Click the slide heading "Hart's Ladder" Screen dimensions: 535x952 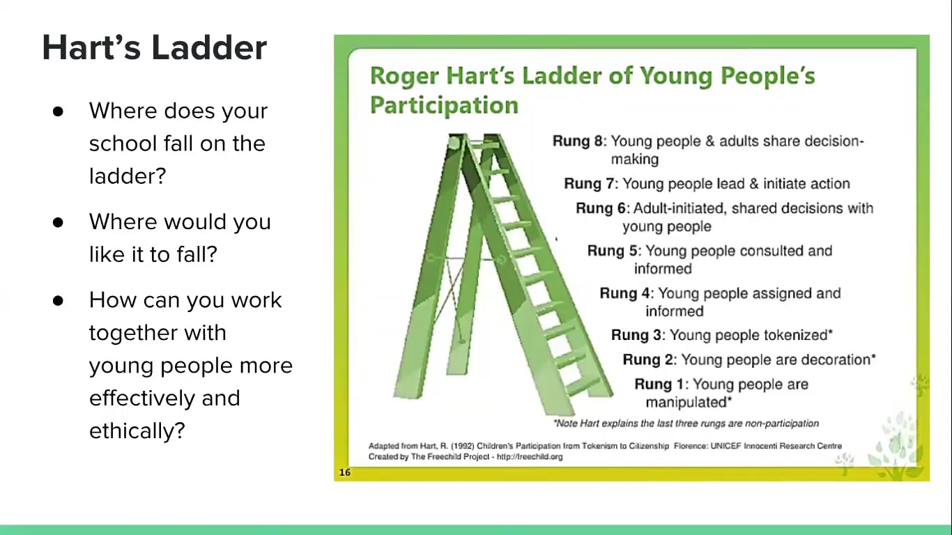click(x=154, y=48)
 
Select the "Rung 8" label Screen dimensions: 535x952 click(x=578, y=141)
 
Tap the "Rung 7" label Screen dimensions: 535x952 click(x=590, y=184)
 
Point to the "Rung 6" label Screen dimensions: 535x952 click(x=602, y=208)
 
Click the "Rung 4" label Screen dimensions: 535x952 click(x=626, y=293)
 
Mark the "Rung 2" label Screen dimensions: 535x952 click(x=649, y=359)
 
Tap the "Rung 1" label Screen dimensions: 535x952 click(x=661, y=384)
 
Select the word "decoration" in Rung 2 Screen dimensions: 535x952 click(x=833, y=359)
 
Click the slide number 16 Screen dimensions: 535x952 click(x=344, y=472)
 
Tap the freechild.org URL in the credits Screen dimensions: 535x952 click(x=529, y=457)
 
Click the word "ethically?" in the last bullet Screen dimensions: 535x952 click(x=137, y=431)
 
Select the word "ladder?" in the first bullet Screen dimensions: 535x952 click(x=128, y=176)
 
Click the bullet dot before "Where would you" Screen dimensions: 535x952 click(x=58, y=222)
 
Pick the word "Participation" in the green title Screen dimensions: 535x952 click(x=444, y=105)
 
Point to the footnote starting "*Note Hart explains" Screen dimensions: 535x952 click(x=686, y=424)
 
